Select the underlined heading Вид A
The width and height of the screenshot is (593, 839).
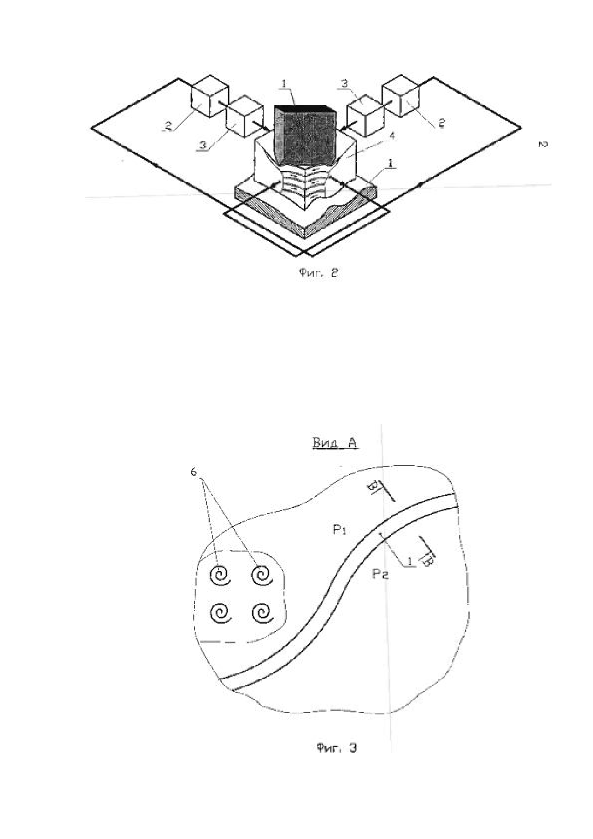point(334,443)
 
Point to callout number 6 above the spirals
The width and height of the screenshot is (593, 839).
point(194,472)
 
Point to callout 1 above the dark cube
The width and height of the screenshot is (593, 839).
point(285,85)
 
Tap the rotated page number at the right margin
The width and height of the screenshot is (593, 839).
point(541,143)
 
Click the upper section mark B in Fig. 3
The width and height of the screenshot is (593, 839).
point(373,487)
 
